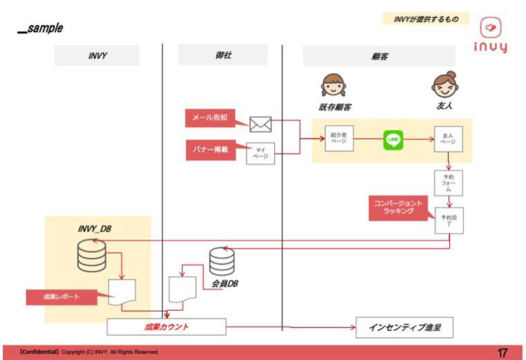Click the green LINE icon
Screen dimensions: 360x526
[393, 140]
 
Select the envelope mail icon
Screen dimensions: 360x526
[260, 124]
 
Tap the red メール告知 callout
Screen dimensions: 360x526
[215, 118]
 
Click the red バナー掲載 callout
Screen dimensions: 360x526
[215, 147]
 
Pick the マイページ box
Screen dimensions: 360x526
[260, 152]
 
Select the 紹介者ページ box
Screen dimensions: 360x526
[339, 139]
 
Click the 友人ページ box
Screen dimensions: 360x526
[448, 139]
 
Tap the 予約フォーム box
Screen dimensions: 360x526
[448, 183]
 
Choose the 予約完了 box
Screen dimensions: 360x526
[448, 221]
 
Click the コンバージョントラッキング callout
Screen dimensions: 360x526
[400, 207]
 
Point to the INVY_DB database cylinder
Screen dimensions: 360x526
[91, 255]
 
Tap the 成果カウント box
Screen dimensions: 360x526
[167, 326]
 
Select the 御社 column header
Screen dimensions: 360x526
[222, 55]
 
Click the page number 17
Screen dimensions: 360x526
[502, 352]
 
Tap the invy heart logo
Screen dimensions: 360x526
[491, 28]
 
